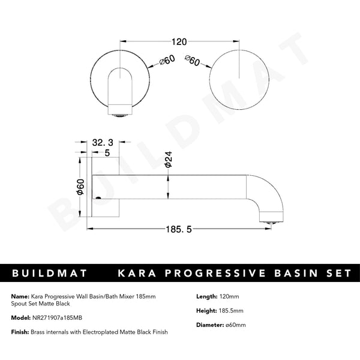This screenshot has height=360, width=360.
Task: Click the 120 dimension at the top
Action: tap(179, 42)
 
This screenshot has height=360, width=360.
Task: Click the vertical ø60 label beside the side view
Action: tap(80, 188)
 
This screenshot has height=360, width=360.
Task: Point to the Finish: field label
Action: tap(22, 332)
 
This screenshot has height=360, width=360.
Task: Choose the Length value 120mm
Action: tap(230, 296)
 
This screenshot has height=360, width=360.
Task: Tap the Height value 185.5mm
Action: tap(233, 311)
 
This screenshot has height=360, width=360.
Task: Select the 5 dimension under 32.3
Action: tap(107, 152)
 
